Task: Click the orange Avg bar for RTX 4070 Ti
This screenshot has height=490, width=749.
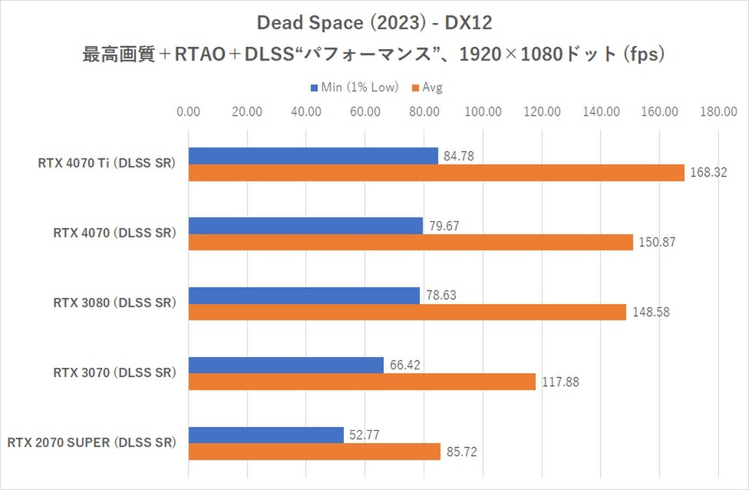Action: pyautogui.click(x=436, y=173)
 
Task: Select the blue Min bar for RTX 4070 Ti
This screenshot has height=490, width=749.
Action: pyautogui.click(x=313, y=156)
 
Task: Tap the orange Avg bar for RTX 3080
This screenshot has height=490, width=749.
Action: pyautogui.click(x=407, y=313)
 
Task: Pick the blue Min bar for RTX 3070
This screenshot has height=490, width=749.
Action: pyautogui.click(x=285, y=365)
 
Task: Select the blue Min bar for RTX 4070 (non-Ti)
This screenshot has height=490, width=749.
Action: pyautogui.click(x=305, y=226)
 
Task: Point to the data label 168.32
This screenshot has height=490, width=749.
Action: pyautogui.click(x=705, y=174)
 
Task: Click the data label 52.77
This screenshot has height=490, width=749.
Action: pyautogui.click(x=365, y=435)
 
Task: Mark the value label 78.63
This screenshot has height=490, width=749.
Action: pyautogui.click(x=441, y=296)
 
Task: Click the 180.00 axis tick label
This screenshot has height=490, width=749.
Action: pyautogui.click(x=719, y=111)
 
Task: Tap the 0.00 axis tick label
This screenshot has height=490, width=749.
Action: pyautogui.click(x=188, y=111)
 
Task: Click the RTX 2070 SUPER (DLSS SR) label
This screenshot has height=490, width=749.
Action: pyautogui.click(x=92, y=443)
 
